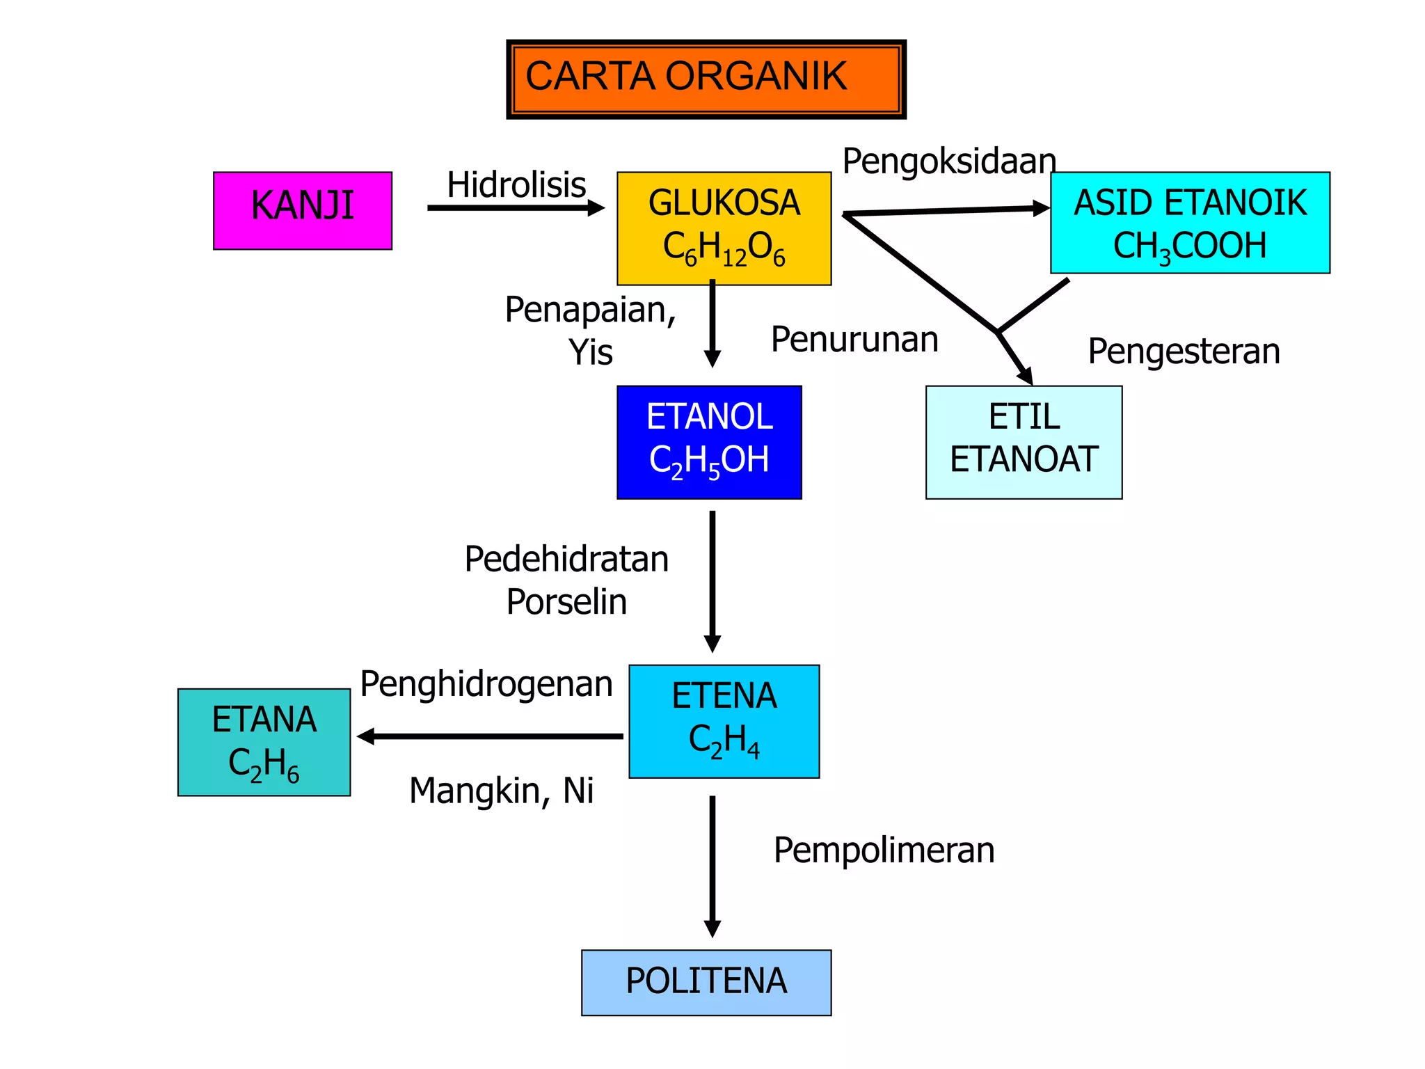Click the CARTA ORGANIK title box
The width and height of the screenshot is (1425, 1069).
706,79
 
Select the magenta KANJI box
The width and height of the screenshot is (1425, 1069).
303,210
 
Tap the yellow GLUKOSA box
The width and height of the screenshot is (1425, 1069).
724,228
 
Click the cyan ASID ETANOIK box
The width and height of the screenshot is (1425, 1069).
1190,223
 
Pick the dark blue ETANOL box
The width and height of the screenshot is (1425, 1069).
709,442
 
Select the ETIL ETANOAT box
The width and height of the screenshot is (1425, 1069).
1024,442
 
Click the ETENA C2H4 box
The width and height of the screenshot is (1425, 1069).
724,721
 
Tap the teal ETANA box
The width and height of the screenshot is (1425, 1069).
264,742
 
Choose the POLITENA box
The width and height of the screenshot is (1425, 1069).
706,982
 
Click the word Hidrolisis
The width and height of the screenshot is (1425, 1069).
516,185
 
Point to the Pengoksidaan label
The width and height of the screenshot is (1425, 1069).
949,161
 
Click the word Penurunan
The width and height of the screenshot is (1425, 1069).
854,340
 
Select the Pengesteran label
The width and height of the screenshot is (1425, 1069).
1184,351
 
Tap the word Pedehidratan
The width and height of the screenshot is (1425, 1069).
566,560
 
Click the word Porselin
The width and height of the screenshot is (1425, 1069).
566,602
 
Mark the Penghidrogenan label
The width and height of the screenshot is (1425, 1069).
486,684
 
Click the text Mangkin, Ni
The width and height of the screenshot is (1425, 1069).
501,791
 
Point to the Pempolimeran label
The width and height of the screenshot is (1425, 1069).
884,850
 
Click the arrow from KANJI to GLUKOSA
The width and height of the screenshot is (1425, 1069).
515,207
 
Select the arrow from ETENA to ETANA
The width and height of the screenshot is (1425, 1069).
490,736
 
